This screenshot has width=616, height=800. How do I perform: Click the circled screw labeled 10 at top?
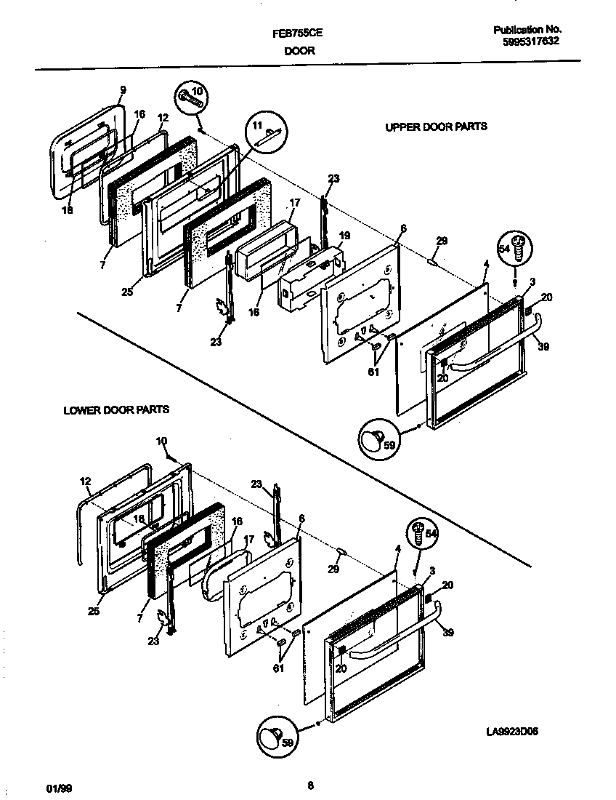pos(191,97)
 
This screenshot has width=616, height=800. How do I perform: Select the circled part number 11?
pos(261,132)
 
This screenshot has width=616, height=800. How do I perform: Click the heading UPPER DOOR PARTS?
pos(436,127)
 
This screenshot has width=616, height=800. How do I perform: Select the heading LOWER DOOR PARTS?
pos(116,409)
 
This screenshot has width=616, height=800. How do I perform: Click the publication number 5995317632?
pos(530,41)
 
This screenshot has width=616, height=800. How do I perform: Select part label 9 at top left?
pos(123,89)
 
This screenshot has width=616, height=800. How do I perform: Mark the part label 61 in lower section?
pos(278,668)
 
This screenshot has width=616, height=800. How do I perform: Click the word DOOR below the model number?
pos(299,52)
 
